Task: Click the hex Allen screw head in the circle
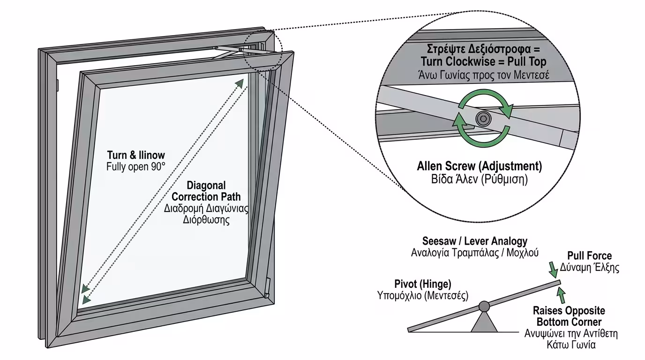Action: [482, 119]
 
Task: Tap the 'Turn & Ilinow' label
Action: [136, 155]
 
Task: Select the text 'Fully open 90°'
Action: [136, 165]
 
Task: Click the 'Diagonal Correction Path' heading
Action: [206, 191]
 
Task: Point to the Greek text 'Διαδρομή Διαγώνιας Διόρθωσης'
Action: [206, 214]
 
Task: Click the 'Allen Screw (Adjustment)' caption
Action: [479, 166]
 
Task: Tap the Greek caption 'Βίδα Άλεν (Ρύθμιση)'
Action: [479, 180]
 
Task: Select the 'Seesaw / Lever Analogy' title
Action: [474, 241]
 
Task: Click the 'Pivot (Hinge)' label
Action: [423, 284]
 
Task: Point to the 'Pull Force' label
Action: [589, 255]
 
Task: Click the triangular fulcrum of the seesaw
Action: [484, 322]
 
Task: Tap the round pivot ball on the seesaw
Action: [484, 307]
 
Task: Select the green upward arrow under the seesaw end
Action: [562, 295]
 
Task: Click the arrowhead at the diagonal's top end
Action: [240, 83]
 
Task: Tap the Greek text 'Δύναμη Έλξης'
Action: [589, 268]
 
